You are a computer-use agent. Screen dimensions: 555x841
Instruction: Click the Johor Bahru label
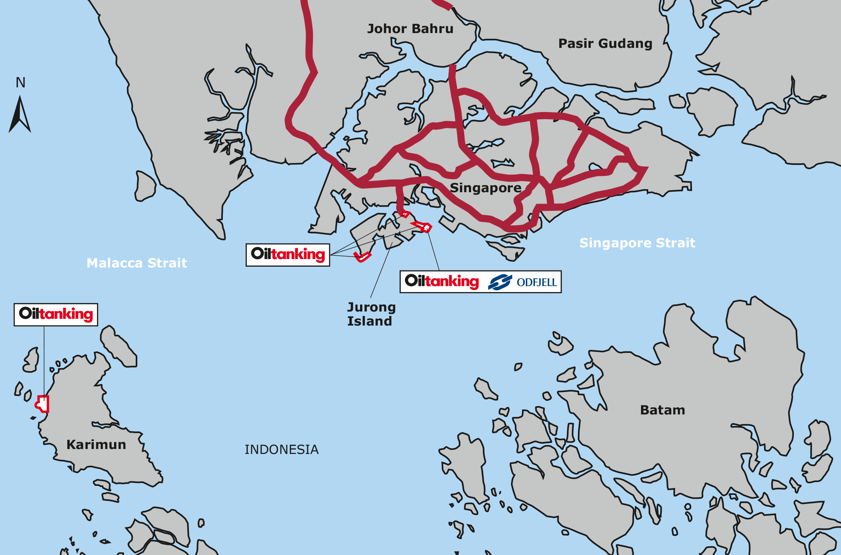tap(410, 29)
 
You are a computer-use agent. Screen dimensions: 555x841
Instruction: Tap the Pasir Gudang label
tap(605, 44)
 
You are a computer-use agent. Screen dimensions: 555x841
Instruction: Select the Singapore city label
tap(486, 188)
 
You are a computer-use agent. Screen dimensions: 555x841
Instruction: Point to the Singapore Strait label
tap(637, 243)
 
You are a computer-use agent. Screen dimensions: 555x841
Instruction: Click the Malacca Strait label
tap(137, 263)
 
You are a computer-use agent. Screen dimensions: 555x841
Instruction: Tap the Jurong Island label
tap(371, 314)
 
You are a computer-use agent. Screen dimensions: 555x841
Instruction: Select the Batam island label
tap(663, 410)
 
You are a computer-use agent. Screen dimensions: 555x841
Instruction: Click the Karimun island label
tap(96, 445)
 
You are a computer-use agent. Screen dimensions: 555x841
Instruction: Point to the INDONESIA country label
tap(281, 450)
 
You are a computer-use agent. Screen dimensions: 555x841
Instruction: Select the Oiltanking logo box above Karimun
tap(56, 315)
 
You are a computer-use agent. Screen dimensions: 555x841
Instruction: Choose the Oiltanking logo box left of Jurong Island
tap(288, 255)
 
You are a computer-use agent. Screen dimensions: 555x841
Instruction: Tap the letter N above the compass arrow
tap(21, 83)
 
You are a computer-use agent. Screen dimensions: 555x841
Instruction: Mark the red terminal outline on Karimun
tap(43, 404)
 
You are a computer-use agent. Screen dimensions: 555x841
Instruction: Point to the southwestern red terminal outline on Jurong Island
tap(362, 257)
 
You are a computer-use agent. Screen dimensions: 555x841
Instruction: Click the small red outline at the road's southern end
tap(405, 214)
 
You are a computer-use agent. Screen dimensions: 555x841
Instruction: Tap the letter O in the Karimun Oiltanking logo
tap(25, 313)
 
